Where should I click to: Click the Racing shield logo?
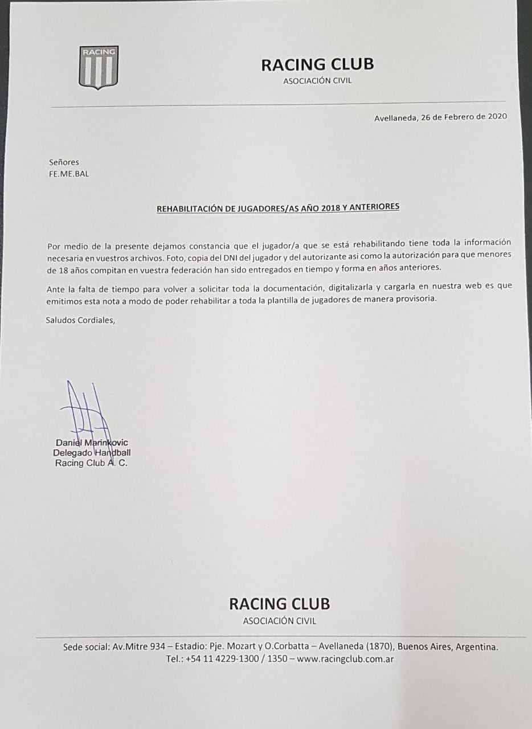pyautogui.click(x=98, y=67)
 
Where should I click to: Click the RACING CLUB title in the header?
pyautogui.click(x=317, y=64)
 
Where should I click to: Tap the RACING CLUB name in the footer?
pyautogui.click(x=279, y=603)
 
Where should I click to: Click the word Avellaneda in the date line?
pyautogui.click(x=395, y=118)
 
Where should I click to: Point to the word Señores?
pyautogui.click(x=64, y=162)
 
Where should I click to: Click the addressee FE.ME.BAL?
pyautogui.click(x=69, y=174)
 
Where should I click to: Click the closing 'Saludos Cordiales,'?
pyautogui.click(x=80, y=320)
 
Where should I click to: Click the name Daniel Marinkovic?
pyautogui.click(x=92, y=443)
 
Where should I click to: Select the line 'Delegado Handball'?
pyautogui.click(x=92, y=453)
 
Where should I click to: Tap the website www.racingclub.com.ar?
pyautogui.click(x=345, y=659)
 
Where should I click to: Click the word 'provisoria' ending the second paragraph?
pyautogui.click(x=416, y=300)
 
